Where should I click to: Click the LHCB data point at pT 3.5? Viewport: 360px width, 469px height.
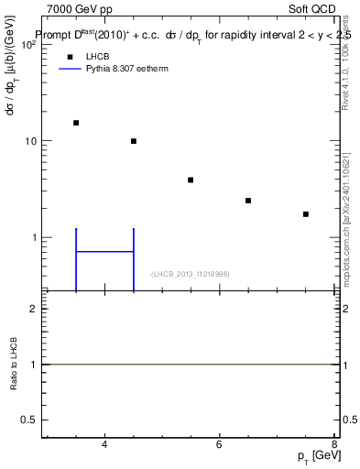pyautogui.click(x=76, y=123)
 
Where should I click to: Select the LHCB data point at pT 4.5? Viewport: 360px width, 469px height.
pyautogui.click(x=134, y=141)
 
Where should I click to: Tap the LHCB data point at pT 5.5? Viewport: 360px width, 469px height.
pyautogui.click(x=191, y=180)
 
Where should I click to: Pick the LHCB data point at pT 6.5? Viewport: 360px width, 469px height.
pyautogui.click(x=248, y=201)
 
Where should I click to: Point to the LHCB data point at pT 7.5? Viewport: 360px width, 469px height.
pyautogui.click(x=306, y=214)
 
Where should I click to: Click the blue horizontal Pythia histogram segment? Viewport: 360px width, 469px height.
pyautogui.click(x=104, y=251)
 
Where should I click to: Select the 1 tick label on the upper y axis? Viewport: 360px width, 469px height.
pyautogui.click(x=33, y=238)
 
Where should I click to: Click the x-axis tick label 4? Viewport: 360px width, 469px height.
pyautogui.click(x=104, y=445)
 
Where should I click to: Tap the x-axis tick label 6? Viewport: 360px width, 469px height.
pyautogui.click(x=220, y=445)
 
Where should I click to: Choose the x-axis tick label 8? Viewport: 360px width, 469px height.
pyautogui.click(x=334, y=445)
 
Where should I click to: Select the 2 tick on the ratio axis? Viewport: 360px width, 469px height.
pyautogui.click(x=33, y=309)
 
